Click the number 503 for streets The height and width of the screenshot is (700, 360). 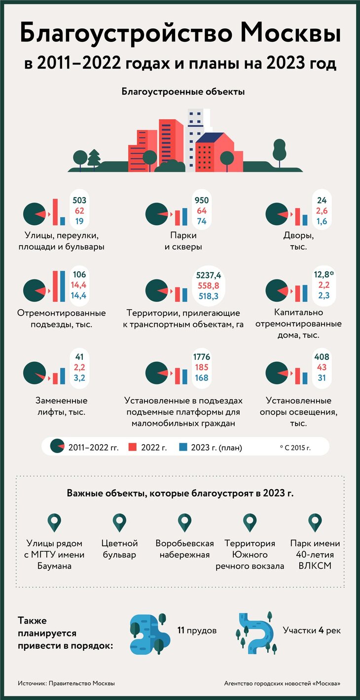pyautogui.click(x=79, y=200)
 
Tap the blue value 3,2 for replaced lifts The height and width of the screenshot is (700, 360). pyautogui.click(x=79, y=378)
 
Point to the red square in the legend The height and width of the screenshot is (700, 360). pyautogui.click(x=132, y=447)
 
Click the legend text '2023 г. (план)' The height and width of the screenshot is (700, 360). pyautogui.click(x=216, y=448)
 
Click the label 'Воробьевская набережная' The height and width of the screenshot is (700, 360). pyautogui.click(x=184, y=549)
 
